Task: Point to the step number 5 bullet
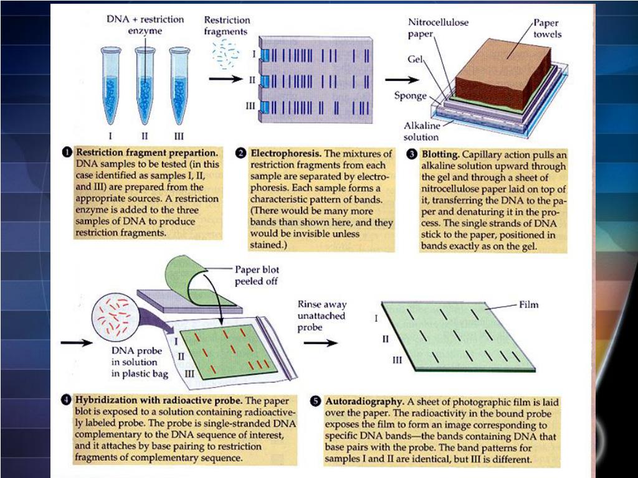[x=317, y=401]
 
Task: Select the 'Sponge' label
[x=411, y=96]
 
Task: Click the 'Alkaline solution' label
[x=421, y=131]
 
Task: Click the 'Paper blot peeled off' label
[x=257, y=275]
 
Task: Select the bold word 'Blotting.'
[x=441, y=153]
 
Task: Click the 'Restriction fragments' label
[x=227, y=26]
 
